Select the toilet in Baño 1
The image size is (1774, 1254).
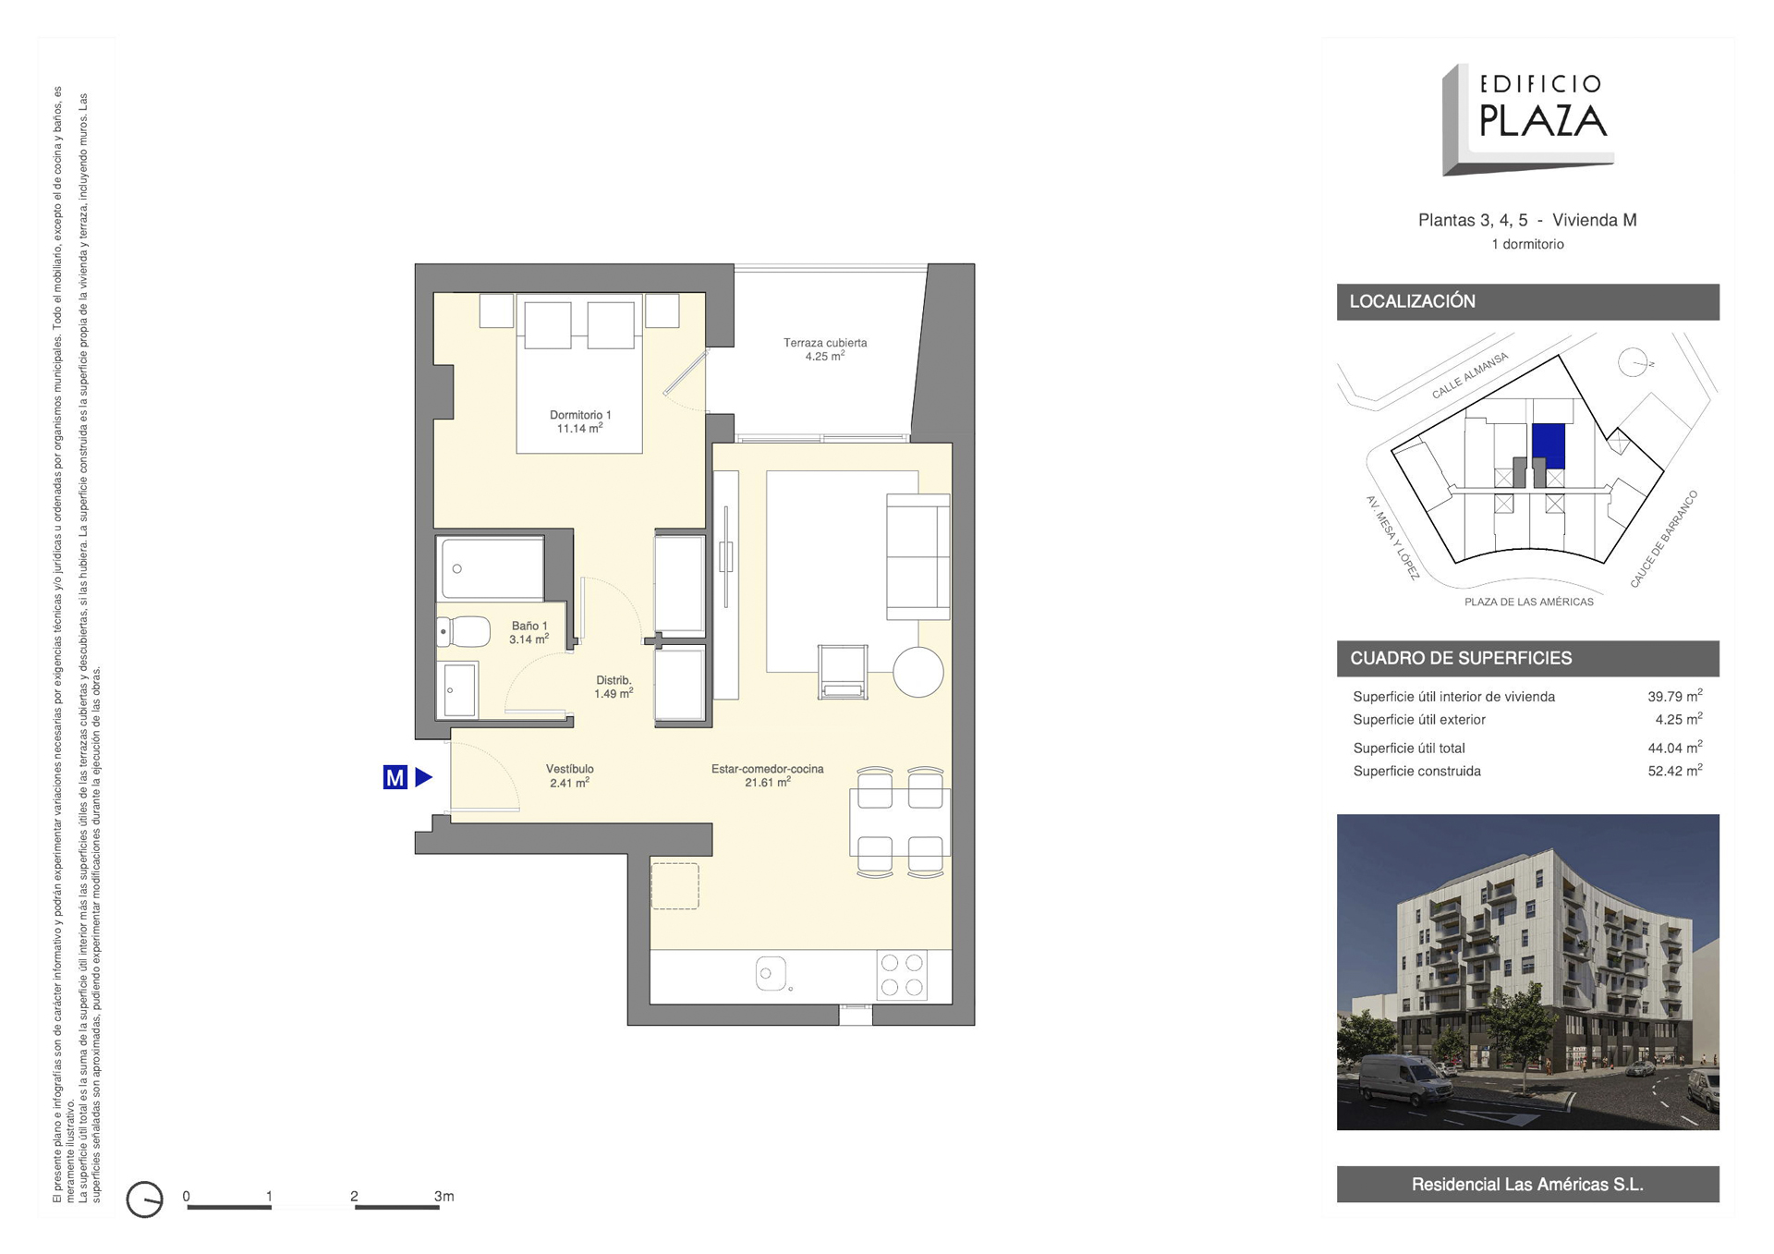tap(464, 632)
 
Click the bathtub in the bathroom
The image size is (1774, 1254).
tap(492, 568)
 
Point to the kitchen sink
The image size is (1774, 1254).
tap(771, 973)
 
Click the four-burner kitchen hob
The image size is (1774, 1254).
tap(902, 975)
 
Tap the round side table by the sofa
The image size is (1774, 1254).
tap(917, 672)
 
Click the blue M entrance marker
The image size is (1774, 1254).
tap(395, 777)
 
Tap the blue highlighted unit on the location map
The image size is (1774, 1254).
tap(1549, 446)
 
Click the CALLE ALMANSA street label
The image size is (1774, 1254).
tap(1470, 375)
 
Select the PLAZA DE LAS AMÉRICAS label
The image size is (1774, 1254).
tap(1528, 603)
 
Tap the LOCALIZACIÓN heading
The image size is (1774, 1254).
tap(1412, 301)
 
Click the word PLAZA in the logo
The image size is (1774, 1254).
tap(1543, 121)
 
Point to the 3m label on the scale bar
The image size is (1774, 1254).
tap(444, 1196)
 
